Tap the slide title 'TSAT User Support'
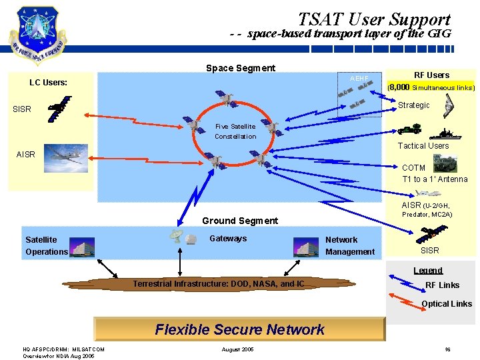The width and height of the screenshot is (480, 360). [x=374, y=19]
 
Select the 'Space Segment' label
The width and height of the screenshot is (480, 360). [x=240, y=68]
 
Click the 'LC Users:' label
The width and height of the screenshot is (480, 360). [x=48, y=83]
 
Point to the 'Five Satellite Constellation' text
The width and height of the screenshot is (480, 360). [x=235, y=131]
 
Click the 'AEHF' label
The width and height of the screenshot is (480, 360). [x=359, y=79]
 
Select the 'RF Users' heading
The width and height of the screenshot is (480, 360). [x=431, y=75]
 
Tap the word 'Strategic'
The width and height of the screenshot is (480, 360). [x=413, y=105]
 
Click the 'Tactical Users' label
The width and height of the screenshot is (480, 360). [x=423, y=145]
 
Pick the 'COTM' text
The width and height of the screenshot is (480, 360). [x=413, y=168]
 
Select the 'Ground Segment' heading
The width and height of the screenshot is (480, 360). [x=240, y=221]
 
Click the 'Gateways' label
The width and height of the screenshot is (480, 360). [x=228, y=238]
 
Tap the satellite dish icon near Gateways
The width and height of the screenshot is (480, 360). [x=177, y=237]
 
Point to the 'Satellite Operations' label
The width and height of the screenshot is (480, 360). [x=46, y=245]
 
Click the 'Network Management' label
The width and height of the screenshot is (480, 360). [x=350, y=245]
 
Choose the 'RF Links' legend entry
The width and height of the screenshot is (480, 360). [x=442, y=285]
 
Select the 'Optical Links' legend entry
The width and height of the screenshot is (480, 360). [x=446, y=303]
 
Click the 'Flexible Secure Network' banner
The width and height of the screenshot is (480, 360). [x=239, y=329]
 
